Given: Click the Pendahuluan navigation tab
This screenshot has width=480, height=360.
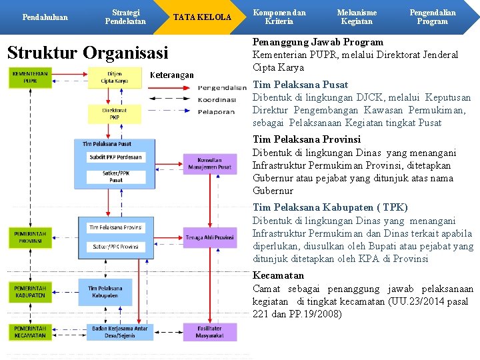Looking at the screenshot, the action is (x=45, y=17).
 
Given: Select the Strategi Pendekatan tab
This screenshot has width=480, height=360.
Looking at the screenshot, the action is (x=125, y=17).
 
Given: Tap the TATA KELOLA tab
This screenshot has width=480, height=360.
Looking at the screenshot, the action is (x=203, y=17).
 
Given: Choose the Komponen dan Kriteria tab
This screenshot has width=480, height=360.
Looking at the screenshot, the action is (x=279, y=17).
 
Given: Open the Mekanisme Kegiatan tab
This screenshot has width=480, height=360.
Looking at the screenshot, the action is (x=357, y=17).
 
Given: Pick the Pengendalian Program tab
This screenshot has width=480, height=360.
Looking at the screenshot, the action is (x=433, y=17).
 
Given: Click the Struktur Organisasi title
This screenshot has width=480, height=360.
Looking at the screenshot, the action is (x=87, y=53).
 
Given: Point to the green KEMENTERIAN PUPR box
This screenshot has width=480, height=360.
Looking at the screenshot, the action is (x=30, y=77).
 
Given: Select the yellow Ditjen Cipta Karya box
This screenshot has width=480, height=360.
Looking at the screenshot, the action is (x=114, y=77).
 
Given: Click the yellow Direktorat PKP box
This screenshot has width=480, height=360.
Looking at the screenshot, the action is (x=114, y=114).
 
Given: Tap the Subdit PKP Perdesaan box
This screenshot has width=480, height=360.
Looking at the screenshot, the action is (x=115, y=157).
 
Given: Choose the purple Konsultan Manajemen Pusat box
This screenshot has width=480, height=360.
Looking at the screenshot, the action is (x=209, y=163).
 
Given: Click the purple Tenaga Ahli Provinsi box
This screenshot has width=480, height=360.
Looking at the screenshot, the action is (x=209, y=237).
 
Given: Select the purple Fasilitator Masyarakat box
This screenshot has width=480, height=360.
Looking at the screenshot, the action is (x=209, y=331).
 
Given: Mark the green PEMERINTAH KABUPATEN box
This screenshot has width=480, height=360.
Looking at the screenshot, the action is (x=30, y=291).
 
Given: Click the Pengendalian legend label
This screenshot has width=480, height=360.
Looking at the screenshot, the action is (x=222, y=87).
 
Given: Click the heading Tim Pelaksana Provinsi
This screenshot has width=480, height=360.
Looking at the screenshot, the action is (x=307, y=139).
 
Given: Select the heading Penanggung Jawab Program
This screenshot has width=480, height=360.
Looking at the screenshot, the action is (x=317, y=42).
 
